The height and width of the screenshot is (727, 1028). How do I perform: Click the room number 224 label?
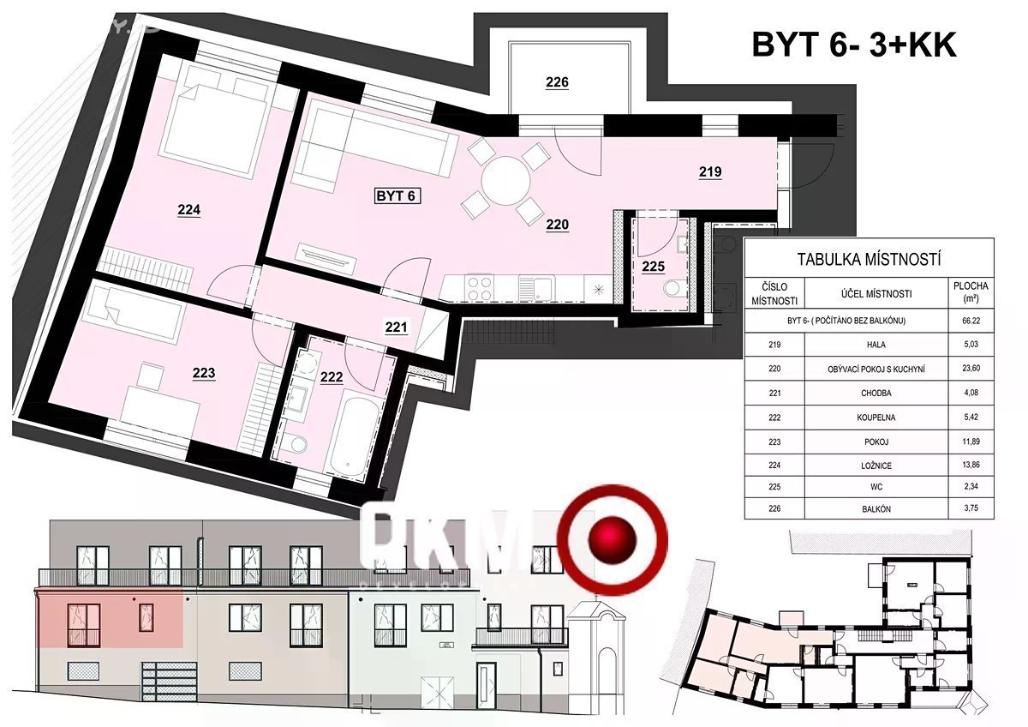click(x=189, y=210)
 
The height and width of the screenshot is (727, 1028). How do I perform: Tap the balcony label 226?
click(x=557, y=83)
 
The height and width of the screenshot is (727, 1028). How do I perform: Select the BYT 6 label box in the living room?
click(x=396, y=196)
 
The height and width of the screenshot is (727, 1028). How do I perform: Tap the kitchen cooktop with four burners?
click(x=477, y=286)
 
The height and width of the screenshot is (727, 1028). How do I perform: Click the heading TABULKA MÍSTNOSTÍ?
click(x=870, y=258)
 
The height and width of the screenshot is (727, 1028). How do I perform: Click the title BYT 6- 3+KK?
click(x=854, y=45)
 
